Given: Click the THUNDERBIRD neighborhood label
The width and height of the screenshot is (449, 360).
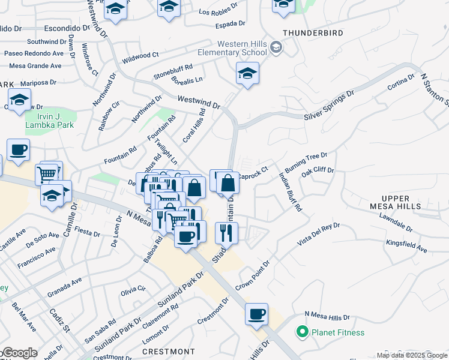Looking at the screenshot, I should click(307, 32).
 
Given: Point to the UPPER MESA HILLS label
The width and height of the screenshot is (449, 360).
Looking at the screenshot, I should click(395, 202).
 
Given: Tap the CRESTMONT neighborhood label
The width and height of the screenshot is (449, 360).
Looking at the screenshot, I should click(168, 351).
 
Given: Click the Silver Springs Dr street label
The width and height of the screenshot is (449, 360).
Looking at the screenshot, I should click(329, 106).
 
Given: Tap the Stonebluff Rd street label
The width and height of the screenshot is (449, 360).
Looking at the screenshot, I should click(173, 71).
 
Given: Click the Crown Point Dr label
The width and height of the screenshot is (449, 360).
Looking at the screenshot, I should click(253, 275).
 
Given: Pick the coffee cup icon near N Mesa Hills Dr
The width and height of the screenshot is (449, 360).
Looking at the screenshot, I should click(256, 314).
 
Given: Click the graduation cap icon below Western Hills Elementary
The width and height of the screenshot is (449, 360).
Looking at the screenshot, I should click(247, 74).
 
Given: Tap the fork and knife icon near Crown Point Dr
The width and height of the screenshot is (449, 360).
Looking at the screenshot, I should click(226, 232).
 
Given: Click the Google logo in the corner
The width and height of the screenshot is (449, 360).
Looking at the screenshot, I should click(19, 353).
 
